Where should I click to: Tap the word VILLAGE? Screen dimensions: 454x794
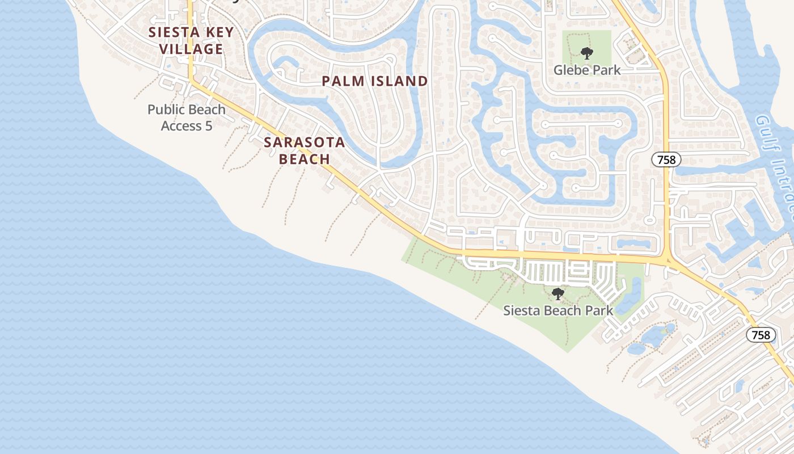191,49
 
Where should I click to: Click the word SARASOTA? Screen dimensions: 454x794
304,142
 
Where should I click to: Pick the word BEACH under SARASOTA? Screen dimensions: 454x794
304,159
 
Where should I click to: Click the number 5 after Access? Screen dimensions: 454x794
209,126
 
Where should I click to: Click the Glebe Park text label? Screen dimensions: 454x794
586,70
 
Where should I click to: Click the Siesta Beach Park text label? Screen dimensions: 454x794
558,310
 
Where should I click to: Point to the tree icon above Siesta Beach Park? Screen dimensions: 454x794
558,294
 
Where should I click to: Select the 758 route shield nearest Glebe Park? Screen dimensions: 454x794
666,160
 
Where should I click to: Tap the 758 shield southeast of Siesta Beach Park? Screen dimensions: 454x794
761,335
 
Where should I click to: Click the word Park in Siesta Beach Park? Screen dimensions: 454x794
599,310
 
